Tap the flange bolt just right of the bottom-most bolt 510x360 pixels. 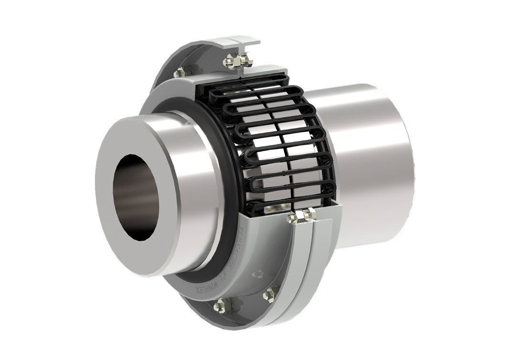269,292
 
